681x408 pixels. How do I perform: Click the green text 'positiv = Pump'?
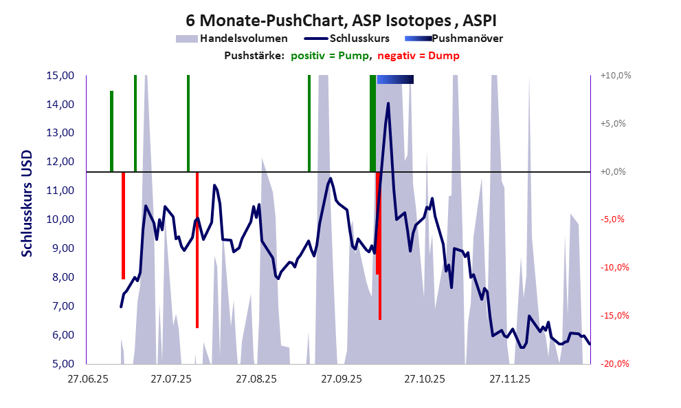point(328,56)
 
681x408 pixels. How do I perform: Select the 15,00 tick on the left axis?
point(60,76)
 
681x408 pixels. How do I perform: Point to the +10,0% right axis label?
point(615,76)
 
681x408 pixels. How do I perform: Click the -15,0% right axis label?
point(615,316)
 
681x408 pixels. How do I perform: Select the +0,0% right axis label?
point(615,172)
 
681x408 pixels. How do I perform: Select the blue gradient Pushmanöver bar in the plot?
point(395,80)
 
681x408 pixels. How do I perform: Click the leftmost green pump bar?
point(111,131)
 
